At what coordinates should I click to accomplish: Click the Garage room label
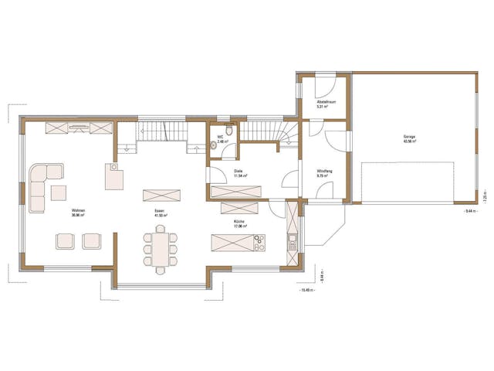[408, 137]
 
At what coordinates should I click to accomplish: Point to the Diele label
[239, 172]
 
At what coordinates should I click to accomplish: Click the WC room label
[220, 137]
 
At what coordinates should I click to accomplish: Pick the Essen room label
[158, 210]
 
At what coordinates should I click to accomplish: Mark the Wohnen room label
[77, 210]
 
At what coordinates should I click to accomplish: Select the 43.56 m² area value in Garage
[408, 141]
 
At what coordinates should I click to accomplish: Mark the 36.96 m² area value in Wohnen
[77, 215]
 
